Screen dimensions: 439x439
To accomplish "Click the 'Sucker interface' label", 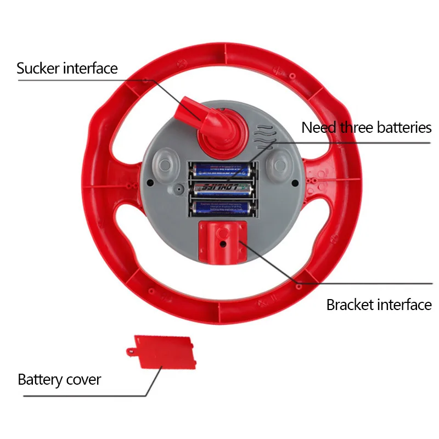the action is [x=67, y=69].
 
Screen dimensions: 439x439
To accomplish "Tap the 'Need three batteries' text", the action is [x=367, y=128].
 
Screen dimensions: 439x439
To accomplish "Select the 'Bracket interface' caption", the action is [x=379, y=305].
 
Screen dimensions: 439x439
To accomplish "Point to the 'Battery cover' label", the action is [x=59, y=380].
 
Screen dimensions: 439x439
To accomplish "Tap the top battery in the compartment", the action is [x=223, y=170].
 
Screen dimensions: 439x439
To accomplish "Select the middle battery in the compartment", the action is [x=223, y=189].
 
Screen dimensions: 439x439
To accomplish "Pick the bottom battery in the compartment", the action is [x=223, y=207].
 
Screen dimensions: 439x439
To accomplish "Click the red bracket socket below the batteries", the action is [x=223, y=239].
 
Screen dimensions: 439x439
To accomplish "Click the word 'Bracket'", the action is [x=350, y=305].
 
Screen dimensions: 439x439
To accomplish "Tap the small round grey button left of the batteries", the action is [x=178, y=189].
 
